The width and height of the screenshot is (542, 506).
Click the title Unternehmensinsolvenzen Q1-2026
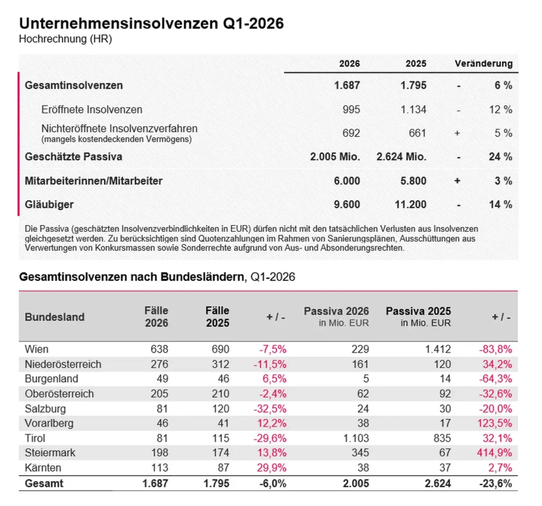click(x=151, y=23)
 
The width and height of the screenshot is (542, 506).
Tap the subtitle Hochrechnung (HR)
click(x=65, y=39)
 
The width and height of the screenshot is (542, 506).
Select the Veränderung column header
click(x=483, y=64)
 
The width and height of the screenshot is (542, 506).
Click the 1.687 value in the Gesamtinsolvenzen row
click(x=347, y=85)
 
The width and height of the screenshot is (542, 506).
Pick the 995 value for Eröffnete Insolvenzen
click(x=351, y=110)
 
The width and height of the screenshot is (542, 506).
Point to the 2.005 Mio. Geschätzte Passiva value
click(x=335, y=157)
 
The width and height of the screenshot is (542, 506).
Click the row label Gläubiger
click(x=49, y=204)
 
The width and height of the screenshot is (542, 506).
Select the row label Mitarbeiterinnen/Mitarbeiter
click(x=94, y=180)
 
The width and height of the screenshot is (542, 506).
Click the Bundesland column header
click(x=55, y=317)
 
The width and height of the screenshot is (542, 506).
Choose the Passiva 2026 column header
click(x=336, y=311)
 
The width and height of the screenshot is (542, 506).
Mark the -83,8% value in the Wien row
click(x=496, y=349)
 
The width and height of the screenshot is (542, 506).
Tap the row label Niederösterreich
click(x=63, y=364)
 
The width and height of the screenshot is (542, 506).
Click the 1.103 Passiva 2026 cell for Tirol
click(x=357, y=438)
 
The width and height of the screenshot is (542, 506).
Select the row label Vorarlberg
click(x=49, y=423)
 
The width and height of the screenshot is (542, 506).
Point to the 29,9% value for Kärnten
click(x=272, y=468)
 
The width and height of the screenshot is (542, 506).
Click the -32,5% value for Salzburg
click(x=272, y=409)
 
